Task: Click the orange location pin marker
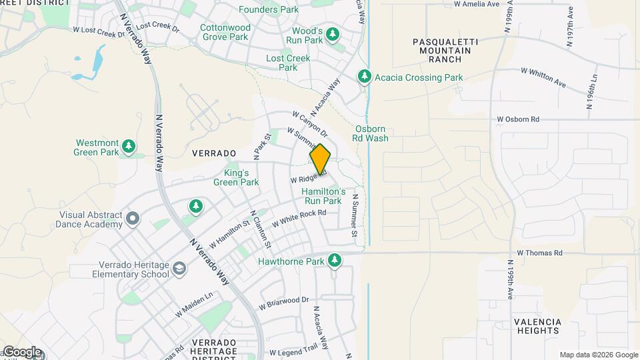click(x=320, y=159)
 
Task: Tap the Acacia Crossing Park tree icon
click(x=364, y=77)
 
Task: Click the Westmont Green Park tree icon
click(x=129, y=147)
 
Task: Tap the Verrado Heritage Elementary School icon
click(x=179, y=269)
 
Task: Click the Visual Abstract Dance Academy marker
click(x=133, y=219)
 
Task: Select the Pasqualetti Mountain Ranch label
click(x=437, y=50)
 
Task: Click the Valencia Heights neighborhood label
click(x=537, y=326)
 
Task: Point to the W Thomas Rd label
click(x=540, y=253)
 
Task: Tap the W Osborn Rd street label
click(x=517, y=119)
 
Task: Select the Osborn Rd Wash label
click(x=371, y=133)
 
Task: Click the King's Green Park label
click(x=237, y=177)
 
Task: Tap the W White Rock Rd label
click(x=299, y=218)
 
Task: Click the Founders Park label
click(x=269, y=10)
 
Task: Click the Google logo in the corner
click(x=22, y=352)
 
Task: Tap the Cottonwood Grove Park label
click(x=225, y=33)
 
